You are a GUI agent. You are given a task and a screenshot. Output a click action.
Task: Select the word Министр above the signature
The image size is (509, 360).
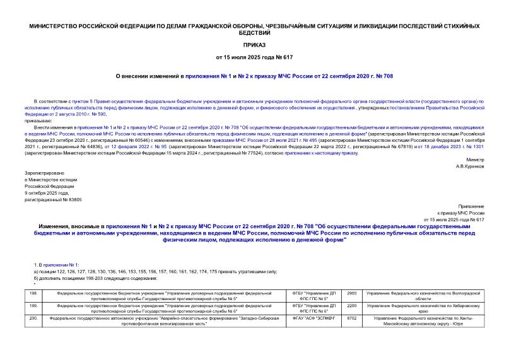click(x=475, y=160)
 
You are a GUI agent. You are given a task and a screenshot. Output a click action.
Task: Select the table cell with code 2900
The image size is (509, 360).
click(x=352, y=293)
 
